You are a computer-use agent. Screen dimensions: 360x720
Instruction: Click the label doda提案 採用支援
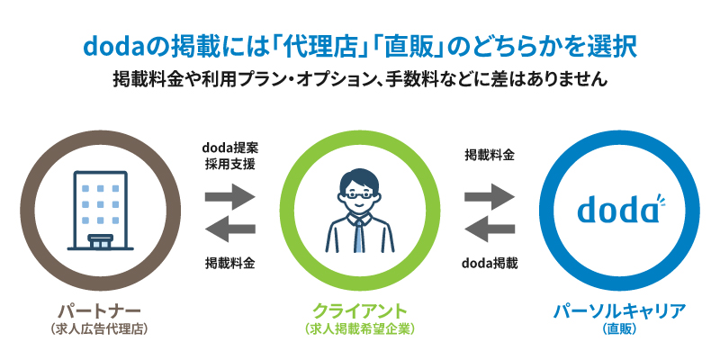(229, 155)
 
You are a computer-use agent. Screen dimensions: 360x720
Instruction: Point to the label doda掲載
(489, 263)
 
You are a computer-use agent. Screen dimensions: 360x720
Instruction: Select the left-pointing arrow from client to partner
(229, 227)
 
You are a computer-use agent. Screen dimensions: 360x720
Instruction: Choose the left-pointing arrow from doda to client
(489, 227)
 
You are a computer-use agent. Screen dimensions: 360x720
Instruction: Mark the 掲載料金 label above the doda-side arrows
(489, 155)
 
